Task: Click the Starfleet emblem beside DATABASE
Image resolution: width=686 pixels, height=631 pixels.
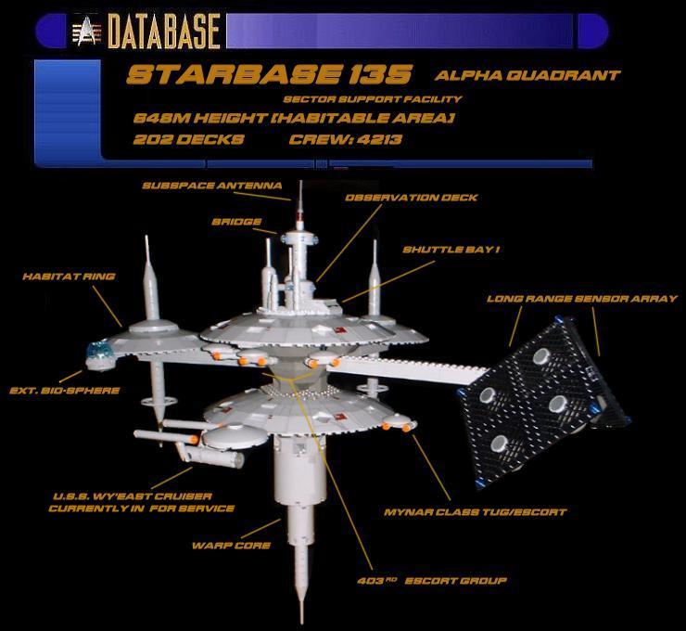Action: click(x=86, y=31)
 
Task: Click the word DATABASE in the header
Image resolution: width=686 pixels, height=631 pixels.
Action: click(x=164, y=31)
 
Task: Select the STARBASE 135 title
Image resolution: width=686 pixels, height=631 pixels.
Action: click(x=269, y=74)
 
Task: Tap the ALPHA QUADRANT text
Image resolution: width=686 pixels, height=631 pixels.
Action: click(x=527, y=75)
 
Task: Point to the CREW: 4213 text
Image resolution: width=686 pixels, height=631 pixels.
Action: click(x=345, y=140)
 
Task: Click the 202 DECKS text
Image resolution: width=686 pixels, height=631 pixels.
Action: click(x=188, y=140)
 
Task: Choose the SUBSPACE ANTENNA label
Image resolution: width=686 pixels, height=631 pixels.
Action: click(x=212, y=186)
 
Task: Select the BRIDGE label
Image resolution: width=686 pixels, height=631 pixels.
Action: click(x=236, y=222)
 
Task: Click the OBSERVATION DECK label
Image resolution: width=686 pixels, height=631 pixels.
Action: click(x=412, y=198)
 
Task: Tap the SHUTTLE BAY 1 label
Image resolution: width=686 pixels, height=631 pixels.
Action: click(x=451, y=250)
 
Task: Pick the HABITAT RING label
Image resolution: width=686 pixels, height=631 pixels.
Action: click(x=70, y=277)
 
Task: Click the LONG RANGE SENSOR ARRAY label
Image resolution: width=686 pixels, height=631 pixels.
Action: click(x=582, y=299)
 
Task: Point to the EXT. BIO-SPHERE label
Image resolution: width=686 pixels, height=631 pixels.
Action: click(x=65, y=391)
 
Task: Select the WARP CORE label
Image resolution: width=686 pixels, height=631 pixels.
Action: click(x=231, y=546)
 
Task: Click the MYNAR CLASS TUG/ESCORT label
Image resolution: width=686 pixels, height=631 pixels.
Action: click(x=476, y=512)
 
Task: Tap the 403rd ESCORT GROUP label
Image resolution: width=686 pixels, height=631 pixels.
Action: click(x=432, y=581)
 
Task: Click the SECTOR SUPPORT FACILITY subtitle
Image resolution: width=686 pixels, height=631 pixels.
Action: click(x=373, y=99)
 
